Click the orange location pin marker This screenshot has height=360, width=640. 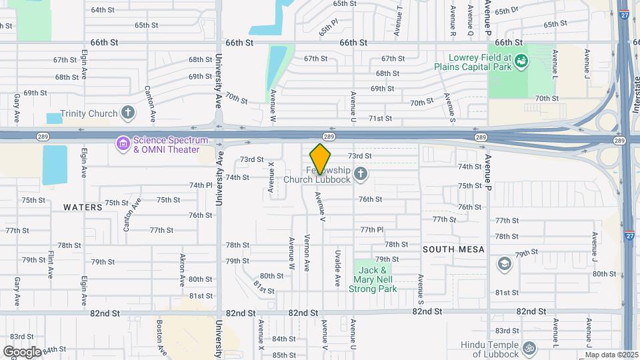(x=321, y=158)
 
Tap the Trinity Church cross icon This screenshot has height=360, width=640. (x=128, y=113)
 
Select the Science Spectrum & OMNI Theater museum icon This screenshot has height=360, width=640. (x=123, y=144)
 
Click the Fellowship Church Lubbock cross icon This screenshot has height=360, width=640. (x=361, y=175)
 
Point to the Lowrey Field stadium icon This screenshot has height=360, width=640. (x=522, y=61)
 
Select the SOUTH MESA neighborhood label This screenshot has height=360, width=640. (x=453, y=249)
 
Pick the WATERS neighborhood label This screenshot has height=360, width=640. (x=83, y=207)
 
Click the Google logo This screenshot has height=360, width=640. (x=22, y=351)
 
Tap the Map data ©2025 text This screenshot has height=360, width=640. (x=612, y=355)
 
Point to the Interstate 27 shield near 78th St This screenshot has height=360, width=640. (x=630, y=235)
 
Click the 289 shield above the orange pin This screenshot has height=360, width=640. (x=329, y=136)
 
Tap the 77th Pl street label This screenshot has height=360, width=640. (x=373, y=230)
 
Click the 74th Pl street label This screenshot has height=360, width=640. (x=200, y=185)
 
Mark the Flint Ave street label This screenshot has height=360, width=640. (x=50, y=264)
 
